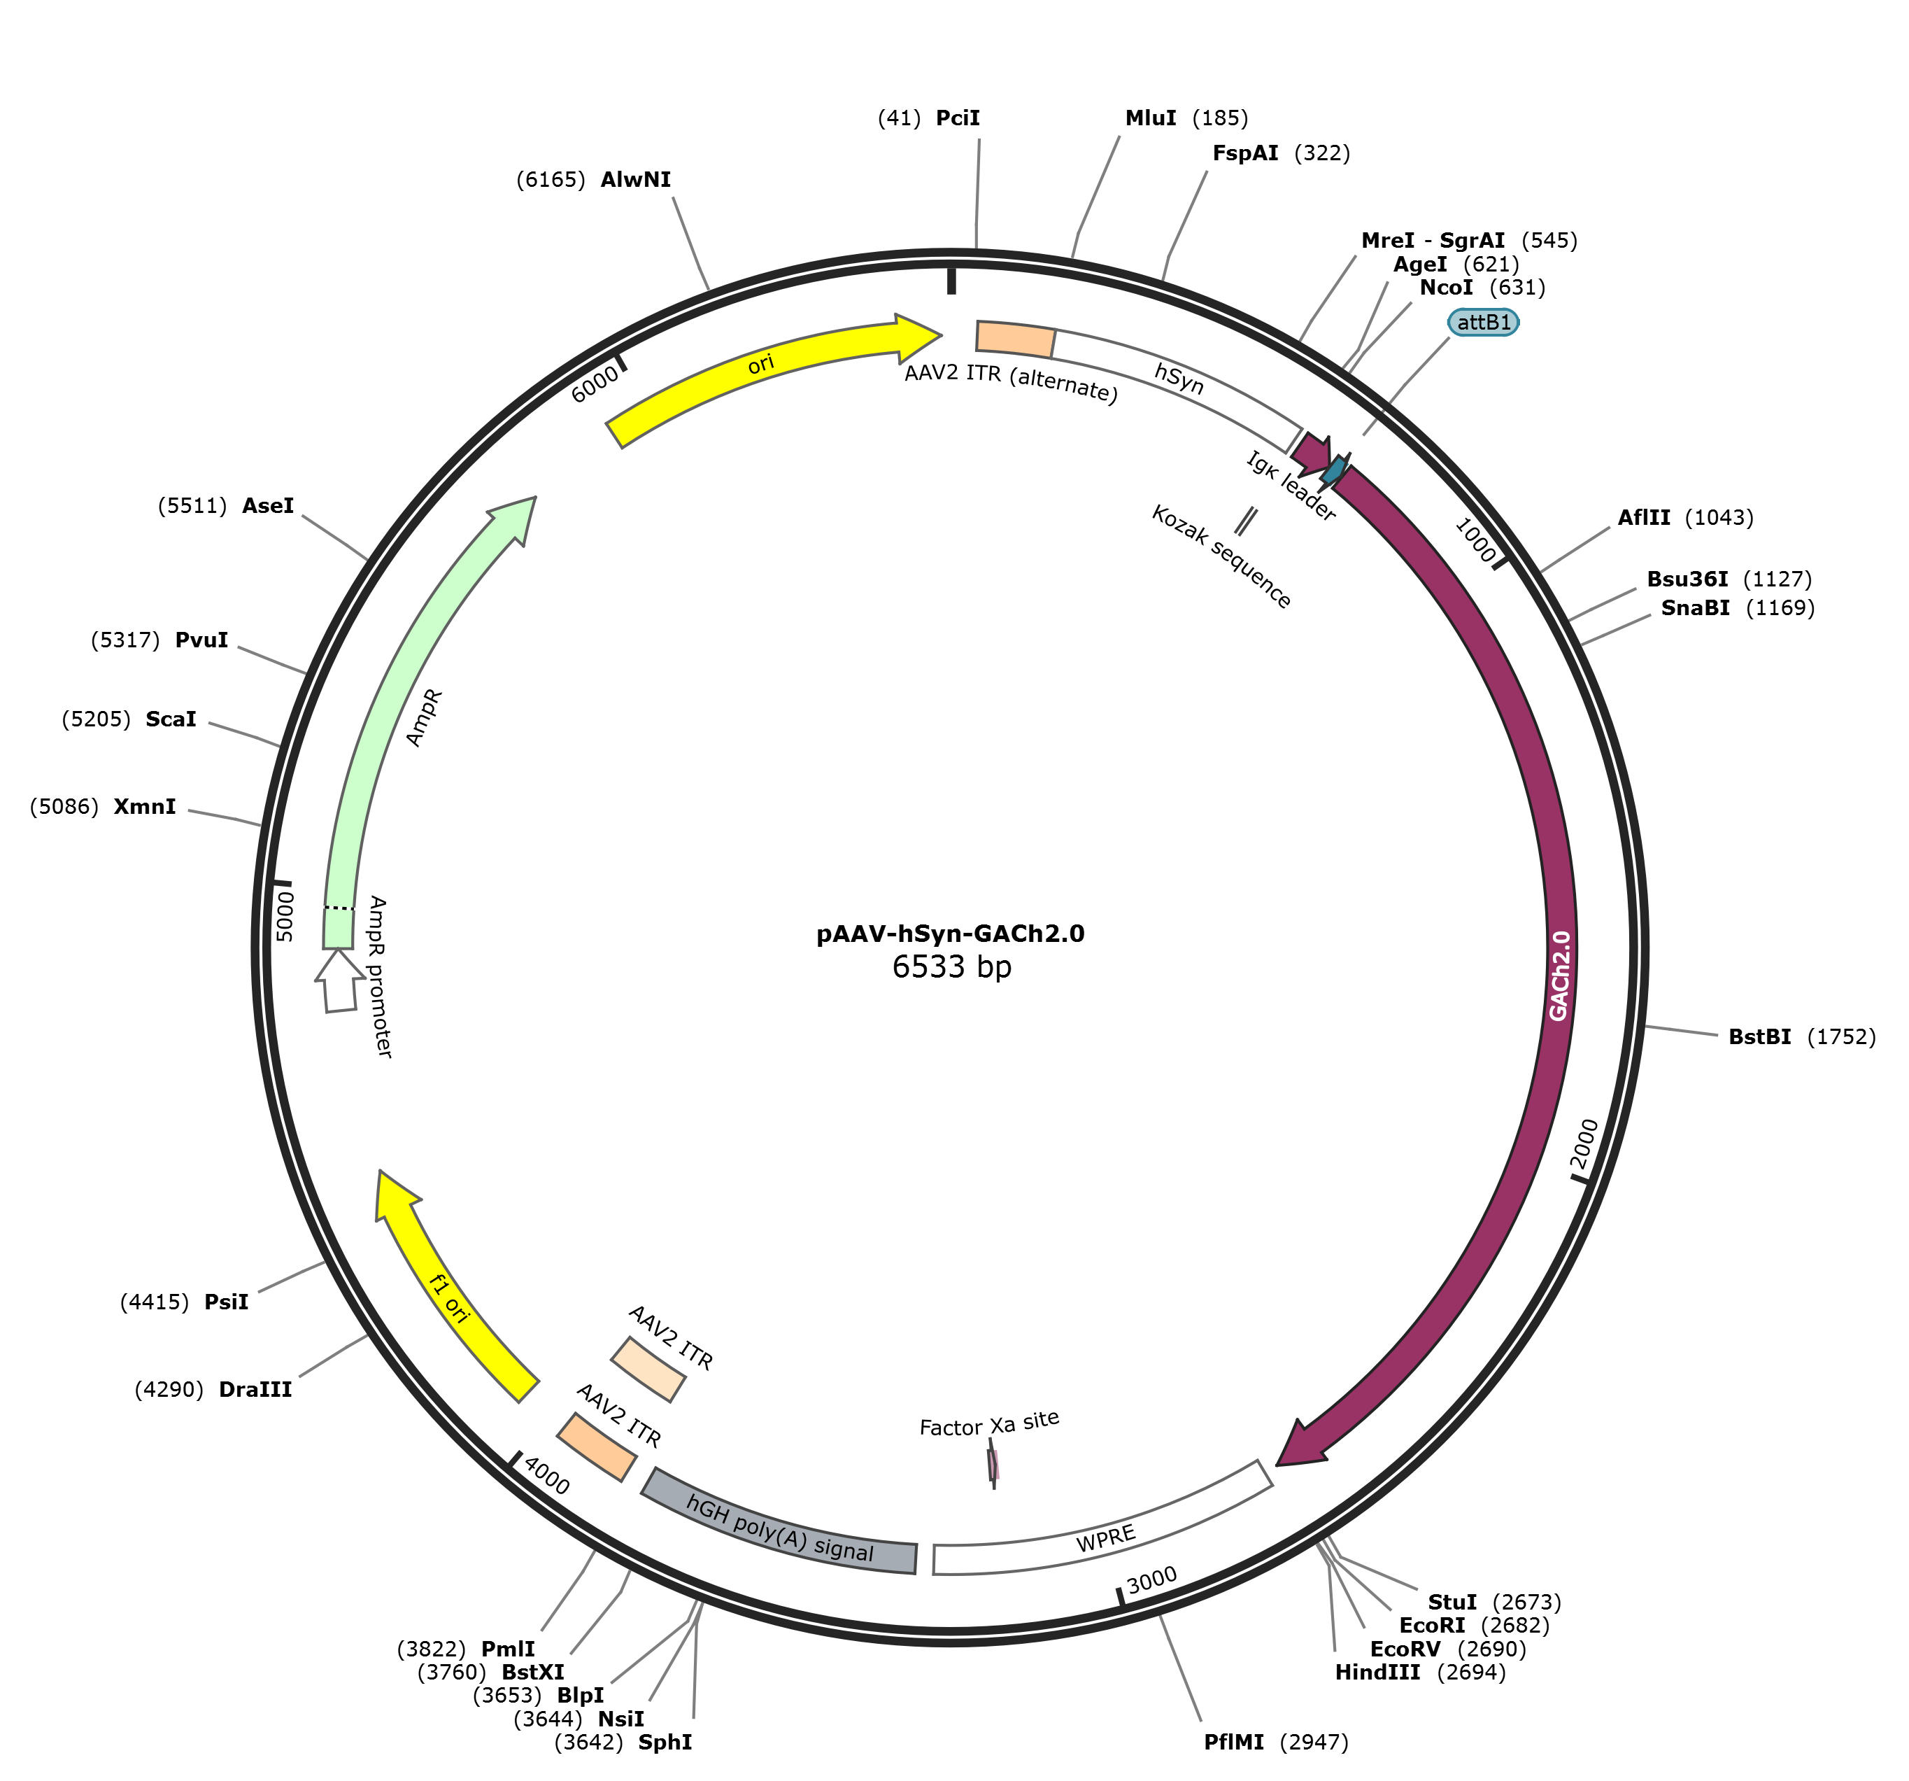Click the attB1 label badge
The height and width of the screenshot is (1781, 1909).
(1483, 323)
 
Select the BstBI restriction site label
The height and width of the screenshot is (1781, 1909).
(1759, 1036)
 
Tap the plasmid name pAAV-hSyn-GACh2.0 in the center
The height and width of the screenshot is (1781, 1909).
(950, 934)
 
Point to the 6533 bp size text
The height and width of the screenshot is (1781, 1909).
(951, 966)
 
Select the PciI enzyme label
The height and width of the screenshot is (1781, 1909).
(958, 118)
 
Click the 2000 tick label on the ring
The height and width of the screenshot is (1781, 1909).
(1587, 1143)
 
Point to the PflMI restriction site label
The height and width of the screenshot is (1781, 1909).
(1233, 1743)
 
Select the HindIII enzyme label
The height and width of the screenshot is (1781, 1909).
(1377, 1673)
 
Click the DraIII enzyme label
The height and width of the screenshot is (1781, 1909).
(255, 1389)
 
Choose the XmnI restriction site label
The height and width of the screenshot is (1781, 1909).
(145, 807)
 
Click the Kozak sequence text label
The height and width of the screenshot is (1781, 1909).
(1221, 557)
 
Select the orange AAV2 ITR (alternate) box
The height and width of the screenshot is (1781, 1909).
(1015, 339)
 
